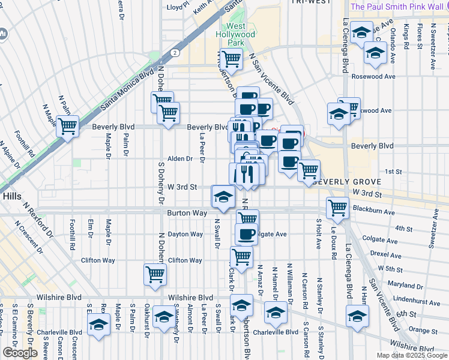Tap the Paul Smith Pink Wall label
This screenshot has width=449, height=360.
point(396,7)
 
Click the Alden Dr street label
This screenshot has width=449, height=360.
point(179,159)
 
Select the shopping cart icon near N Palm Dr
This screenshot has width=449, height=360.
point(68,126)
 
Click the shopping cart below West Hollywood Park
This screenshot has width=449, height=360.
point(231,59)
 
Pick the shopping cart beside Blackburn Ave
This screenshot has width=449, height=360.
point(337,208)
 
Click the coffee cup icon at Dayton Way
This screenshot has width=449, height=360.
point(246,233)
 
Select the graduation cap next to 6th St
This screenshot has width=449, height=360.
point(357,315)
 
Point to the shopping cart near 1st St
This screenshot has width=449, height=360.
point(309,170)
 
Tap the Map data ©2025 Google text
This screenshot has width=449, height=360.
point(411,355)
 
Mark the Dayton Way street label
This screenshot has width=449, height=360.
point(185,234)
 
